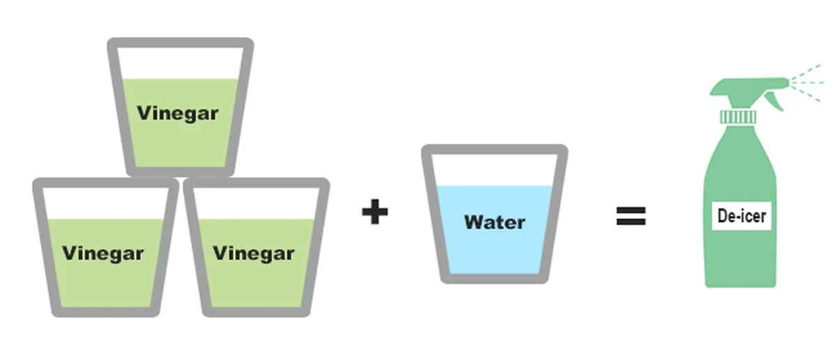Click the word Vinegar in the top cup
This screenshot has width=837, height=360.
tap(177, 113)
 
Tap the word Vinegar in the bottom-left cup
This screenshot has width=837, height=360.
tap(103, 253)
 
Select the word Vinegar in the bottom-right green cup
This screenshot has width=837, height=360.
tap(253, 253)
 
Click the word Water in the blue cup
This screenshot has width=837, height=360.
tap(495, 223)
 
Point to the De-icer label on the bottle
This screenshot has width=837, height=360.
tap(741, 216)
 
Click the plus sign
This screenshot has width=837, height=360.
tap(375, 211)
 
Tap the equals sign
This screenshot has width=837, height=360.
tap(631, 216)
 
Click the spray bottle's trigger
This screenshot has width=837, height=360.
tap(773, 102)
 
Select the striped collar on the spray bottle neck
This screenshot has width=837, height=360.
tap(738, 117)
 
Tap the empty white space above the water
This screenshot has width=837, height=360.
tap(495, 170)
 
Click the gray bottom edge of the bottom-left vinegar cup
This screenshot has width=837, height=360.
tap(105, 312)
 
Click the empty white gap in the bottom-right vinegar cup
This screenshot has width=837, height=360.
tap(255, 204)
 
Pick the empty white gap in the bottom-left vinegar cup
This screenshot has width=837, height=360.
tap(105, 204)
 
